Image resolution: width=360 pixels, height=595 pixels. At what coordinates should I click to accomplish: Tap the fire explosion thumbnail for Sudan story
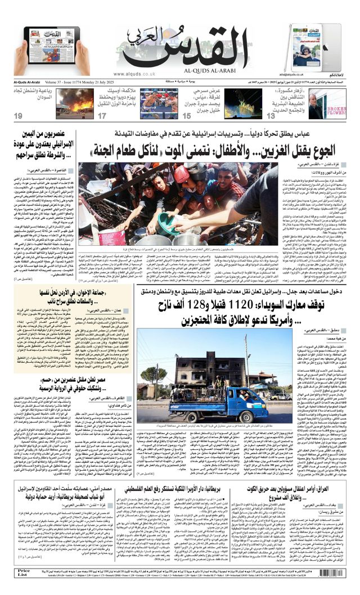point(75,103)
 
